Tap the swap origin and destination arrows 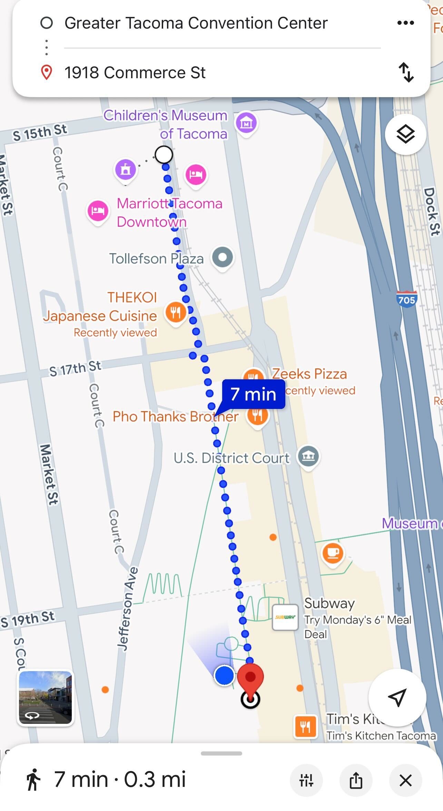point(406,72)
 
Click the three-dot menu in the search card point(405,23)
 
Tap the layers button point(405,134)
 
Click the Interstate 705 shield point(406,299)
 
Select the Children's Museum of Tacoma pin point(246,123)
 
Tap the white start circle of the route point(164,155)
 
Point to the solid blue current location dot point(224,675)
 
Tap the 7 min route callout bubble point(254,394)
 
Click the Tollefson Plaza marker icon point(223,257)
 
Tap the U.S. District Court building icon point(308,456)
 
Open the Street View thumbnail point(46,698)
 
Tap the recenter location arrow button point(397,698)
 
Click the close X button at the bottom point(405,780)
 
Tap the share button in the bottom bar point(356,780)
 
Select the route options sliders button point(306,780)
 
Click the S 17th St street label point(75,368)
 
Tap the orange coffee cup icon point(333,553)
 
